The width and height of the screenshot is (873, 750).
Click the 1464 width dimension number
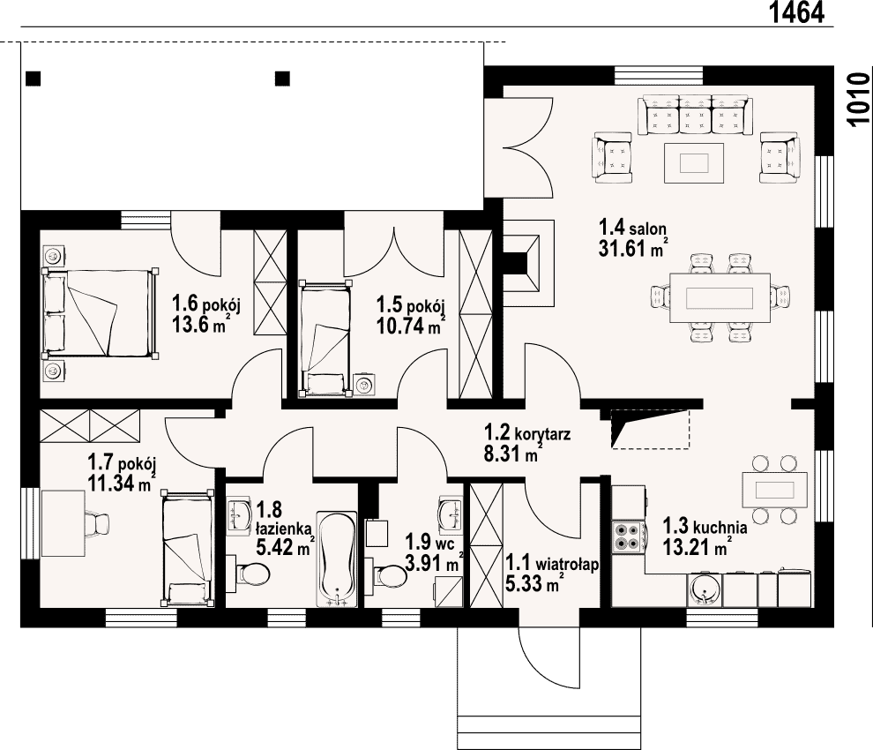(x=797, y=13)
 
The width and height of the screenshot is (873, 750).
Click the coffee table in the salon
(x=694, y=162)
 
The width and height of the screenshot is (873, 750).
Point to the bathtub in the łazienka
(x=337, y=559)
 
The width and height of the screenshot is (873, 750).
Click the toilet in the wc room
(x=391, y=575)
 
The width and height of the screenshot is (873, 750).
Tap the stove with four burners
(x=627, y=536)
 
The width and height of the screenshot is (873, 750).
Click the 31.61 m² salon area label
(x=632, y=248)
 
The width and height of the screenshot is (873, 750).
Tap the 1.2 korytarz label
(x=527, y=432)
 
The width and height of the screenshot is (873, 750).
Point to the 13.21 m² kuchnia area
(x=697, y=548)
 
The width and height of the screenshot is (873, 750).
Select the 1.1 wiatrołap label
(x=552, y=563)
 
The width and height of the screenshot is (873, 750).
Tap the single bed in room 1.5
(x=325, y=339)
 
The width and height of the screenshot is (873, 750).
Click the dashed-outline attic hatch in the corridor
(x=651, y=429)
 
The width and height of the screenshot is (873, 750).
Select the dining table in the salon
(x=720, y=297)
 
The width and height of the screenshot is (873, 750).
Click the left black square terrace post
(x=34, y=78)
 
